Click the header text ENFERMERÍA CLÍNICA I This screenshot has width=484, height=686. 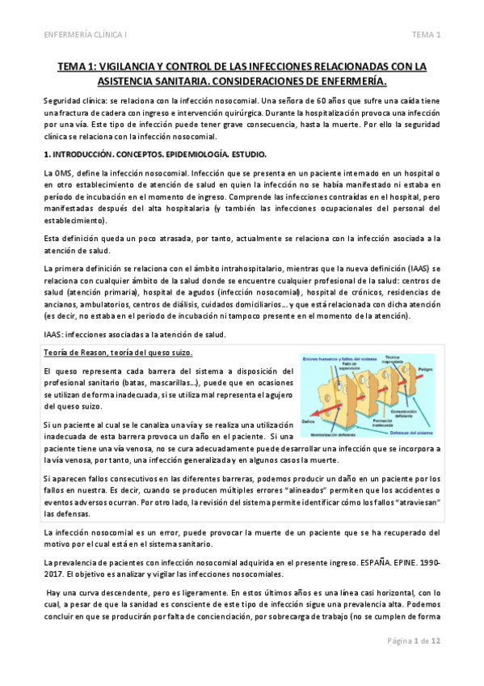(89, 35)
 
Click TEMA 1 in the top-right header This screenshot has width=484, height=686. (426, 35)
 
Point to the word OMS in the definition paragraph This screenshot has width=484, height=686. (61, 175)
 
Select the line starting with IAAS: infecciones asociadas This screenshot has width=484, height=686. (134, 335)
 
